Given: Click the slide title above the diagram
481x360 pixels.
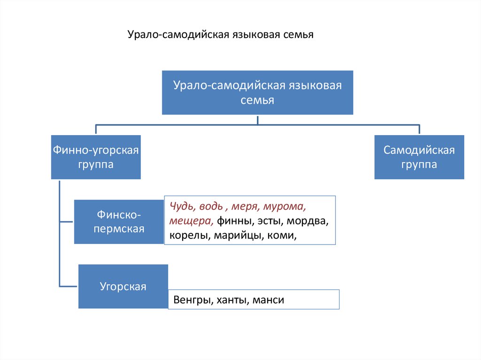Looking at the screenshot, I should (220, 35).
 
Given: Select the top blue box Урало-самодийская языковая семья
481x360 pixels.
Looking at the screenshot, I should (257, 92).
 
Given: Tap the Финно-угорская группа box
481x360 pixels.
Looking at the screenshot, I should (96, 157).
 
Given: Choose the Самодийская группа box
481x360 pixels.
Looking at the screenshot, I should (419, 157).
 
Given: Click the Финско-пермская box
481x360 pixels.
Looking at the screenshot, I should (118, 222).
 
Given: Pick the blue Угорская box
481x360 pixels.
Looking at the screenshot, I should (123, 286).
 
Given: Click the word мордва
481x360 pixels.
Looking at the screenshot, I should (308, 221).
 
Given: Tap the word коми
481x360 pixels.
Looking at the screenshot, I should (281, 236).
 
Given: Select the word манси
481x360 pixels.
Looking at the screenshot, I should (268, 300).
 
